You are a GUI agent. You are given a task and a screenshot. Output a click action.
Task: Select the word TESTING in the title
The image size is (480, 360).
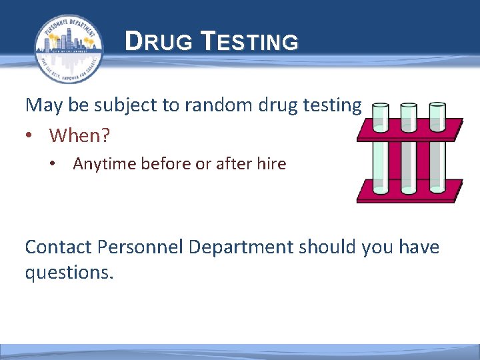point(249,43)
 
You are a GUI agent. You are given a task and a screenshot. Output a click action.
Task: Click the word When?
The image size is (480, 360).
point(79,135)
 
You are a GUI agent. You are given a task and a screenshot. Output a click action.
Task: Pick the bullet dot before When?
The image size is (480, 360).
point(29,136)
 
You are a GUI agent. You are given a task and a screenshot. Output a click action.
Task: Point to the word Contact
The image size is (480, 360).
point(58,247)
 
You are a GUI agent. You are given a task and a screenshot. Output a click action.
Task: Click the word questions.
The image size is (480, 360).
point(69,272)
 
